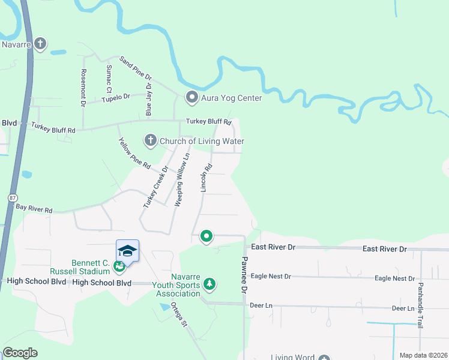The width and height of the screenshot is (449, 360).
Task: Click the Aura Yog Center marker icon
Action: point(192,97)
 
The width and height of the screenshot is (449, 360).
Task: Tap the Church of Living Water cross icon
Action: point(150,141)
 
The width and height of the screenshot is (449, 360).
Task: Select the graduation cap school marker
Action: point(127,250)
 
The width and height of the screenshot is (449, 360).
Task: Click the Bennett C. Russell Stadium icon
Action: point(120,264)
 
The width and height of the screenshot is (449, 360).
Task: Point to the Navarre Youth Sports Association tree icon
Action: point(209,283)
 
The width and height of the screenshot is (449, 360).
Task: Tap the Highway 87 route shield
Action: point(13,197)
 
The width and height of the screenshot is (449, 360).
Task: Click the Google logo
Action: point(20,353)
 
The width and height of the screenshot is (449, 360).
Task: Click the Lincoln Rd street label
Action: point(205,178)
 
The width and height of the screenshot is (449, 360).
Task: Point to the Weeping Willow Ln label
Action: point(182,179)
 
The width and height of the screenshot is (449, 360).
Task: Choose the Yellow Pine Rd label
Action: point(134,153)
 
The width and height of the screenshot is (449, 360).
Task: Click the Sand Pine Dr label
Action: point(136,68)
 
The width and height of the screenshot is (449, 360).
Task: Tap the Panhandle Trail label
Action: point(420,305)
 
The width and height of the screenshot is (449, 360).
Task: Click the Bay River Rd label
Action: point(34,208)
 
